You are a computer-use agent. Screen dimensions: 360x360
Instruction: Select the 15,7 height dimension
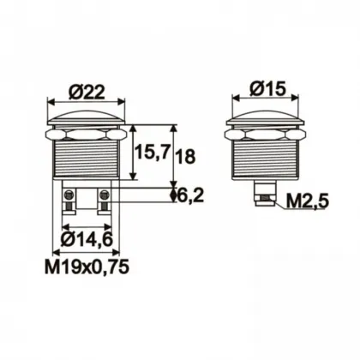(x=153, y=154)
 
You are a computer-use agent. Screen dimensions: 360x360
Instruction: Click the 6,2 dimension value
(x=189, y=196)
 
